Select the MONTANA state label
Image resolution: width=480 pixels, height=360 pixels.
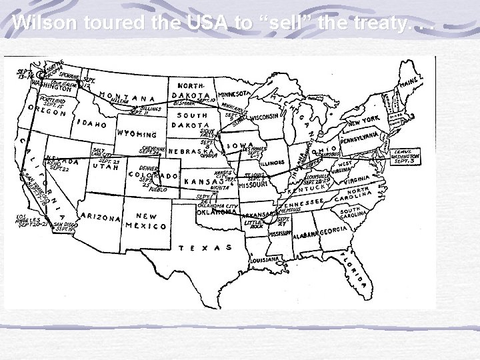[122, 99]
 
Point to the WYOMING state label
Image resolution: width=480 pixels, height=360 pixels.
[141, 135]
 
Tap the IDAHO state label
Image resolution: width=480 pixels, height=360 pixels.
[92, 124]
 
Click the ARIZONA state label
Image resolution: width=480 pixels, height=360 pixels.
[99, 217]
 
